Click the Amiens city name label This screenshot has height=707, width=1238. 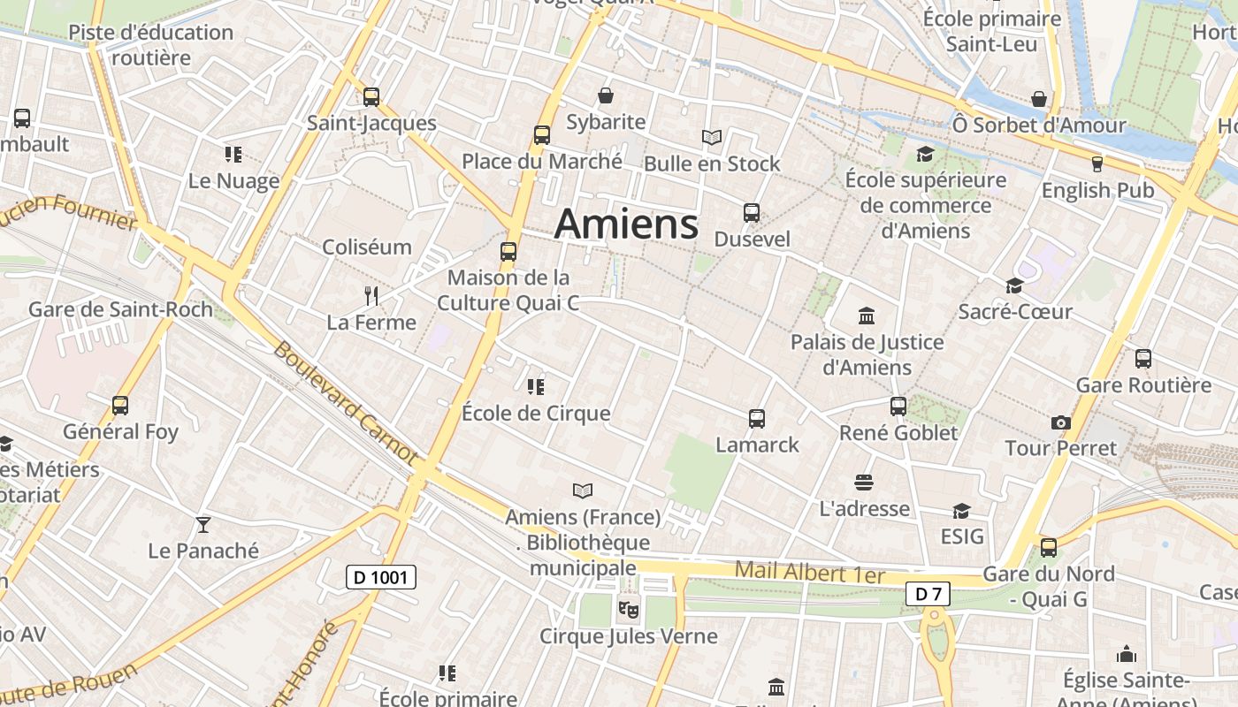(626, 224)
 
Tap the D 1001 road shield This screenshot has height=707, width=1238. (380, 578)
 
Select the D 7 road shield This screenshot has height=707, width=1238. (928, 594)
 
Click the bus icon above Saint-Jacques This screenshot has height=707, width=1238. (371, 97)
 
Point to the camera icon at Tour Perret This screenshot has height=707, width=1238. (1061, 422)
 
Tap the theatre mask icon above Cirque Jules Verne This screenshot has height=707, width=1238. (629, 608)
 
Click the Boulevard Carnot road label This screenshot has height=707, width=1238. (345, 403)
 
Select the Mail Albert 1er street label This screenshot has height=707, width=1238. (810, 572)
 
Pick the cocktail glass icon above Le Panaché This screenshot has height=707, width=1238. (203, 525)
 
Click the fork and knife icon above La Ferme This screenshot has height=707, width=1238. (371, 296)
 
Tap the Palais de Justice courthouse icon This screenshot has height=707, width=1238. (867, 315)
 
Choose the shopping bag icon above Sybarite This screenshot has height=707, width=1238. (606, 95)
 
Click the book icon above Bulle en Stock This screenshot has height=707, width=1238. (712, 137)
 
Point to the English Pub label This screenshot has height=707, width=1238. (1097, 190)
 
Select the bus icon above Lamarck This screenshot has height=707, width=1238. (757, 419)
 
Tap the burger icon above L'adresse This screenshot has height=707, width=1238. (864, 483)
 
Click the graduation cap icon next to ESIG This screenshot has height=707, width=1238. (961, 511)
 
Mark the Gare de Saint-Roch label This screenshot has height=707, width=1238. (120, 309)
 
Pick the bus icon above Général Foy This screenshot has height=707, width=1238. (120, 406)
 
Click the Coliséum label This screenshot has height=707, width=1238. (367, 247)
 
